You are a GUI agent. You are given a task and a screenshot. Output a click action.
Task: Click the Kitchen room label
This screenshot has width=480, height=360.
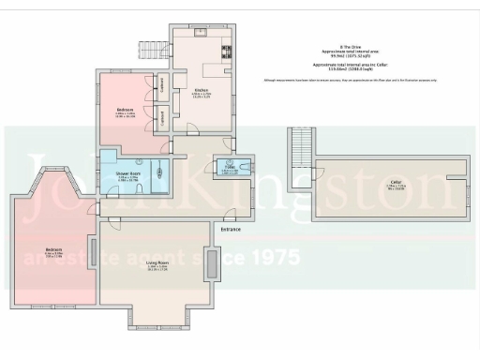point(202,90)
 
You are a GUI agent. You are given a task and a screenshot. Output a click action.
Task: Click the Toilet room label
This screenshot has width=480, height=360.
point(229,168)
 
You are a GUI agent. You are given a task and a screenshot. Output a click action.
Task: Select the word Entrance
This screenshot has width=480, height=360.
point(232,229)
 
